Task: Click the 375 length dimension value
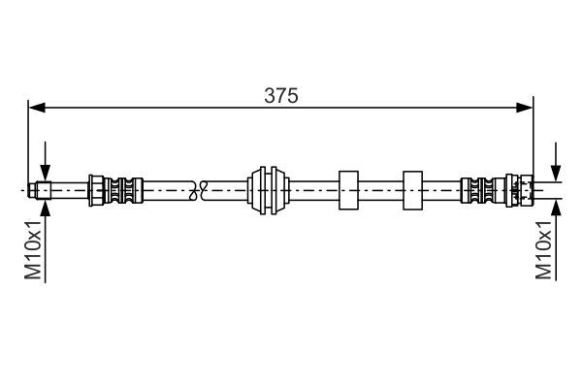(281, 96)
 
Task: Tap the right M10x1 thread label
(544, 249)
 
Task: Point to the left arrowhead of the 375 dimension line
(37, 108)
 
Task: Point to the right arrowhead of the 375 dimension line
(525, 108)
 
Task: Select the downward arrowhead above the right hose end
(556, 174)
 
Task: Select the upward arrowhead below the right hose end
(556, 207)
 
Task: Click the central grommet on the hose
(268, 190)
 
